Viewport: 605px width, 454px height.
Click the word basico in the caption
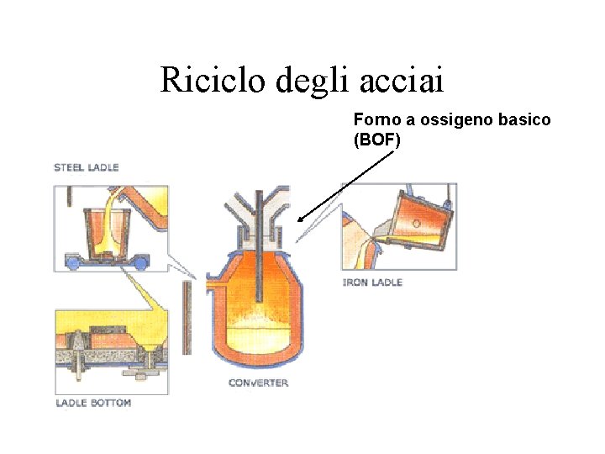[523, 120]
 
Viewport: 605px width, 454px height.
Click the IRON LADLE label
[372, 282]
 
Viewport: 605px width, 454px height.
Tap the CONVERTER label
[259, 383]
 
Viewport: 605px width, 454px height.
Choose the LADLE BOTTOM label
[93, 403]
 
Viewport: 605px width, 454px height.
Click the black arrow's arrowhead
[301, 219]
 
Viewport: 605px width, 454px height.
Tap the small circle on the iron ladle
[417, 224]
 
